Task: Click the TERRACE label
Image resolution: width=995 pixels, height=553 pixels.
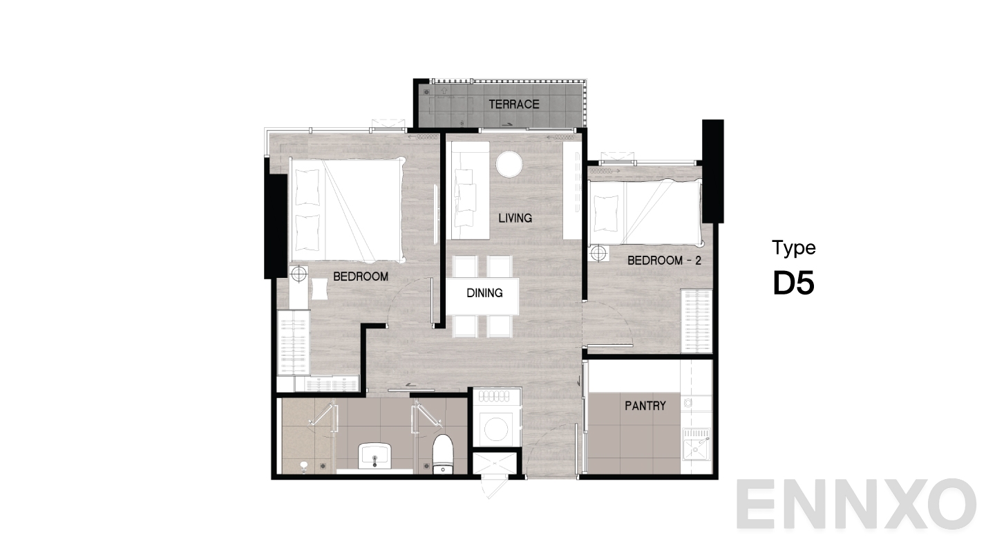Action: pos(514,104)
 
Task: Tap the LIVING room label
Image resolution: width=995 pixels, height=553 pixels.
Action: pos(515,218)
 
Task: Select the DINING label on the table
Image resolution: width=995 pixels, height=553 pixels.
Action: pos(484,293)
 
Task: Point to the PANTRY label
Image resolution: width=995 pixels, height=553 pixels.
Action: pos(645,405)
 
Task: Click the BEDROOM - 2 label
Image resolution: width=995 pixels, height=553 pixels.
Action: pos(664,261)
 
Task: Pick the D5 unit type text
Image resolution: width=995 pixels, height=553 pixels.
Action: pos(794,283)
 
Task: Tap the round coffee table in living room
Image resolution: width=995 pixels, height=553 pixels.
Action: pos(509,164)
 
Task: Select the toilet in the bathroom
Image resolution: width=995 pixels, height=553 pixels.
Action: pos(442,454)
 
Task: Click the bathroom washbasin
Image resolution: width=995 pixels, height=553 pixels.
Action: pos(375,456)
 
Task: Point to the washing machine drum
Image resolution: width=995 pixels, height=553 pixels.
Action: pos(496,429)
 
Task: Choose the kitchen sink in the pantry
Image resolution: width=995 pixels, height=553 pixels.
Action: pos(696,450)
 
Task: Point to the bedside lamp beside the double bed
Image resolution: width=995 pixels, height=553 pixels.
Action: pos(299,274)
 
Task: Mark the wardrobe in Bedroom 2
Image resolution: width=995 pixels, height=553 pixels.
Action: pos(696,321)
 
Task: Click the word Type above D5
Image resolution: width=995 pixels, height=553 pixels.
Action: pos(794,248)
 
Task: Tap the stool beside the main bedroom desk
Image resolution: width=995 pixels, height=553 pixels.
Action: pos(319,288)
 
